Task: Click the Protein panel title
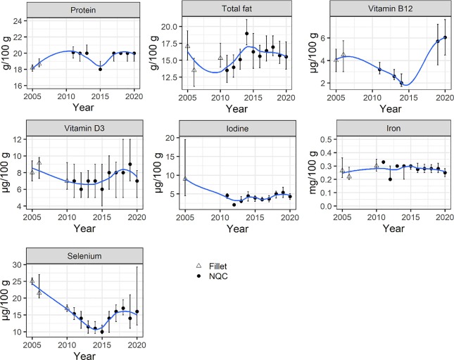(x=83, y=10)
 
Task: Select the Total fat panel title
(x=237, y=8)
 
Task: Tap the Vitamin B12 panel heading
(x=391, y=8)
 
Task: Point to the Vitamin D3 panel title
(x=84, y=128)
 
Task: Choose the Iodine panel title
(x=237, y=129)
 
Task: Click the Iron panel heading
(x=393, y=128)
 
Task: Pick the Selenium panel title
(x=84, y=256)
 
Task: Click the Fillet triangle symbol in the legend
(x=198, y=266)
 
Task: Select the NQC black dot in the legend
(x=198, y=276)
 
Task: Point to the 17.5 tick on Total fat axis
(x=169, y=44)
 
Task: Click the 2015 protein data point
(x=100, y=69)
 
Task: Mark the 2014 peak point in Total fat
(x=246, y=34)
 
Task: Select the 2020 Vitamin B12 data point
(x=446, y=37)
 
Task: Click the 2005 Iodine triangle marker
(x=185, y=179)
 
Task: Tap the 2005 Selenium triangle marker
(x=32, y=281)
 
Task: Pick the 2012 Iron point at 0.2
(x=391, y=179)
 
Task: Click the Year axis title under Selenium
(x=84, y=355)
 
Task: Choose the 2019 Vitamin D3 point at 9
(x=130, y=165)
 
